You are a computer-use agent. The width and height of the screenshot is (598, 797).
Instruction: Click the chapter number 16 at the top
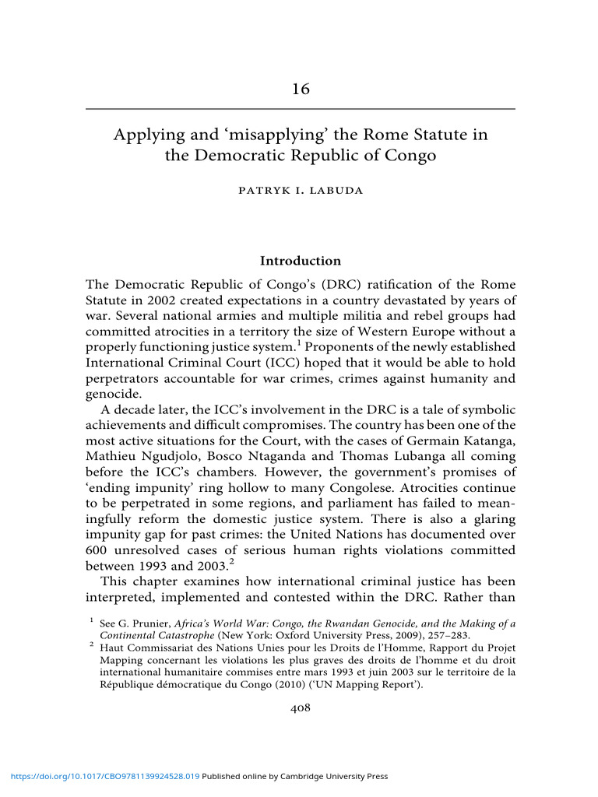(x=301, y=89)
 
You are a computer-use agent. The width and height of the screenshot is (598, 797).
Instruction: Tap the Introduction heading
(x=300, y=261)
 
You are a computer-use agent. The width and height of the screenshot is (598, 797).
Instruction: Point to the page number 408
(x=300, y=707)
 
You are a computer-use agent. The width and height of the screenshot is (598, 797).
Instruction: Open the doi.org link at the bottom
(x=100, y=776)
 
